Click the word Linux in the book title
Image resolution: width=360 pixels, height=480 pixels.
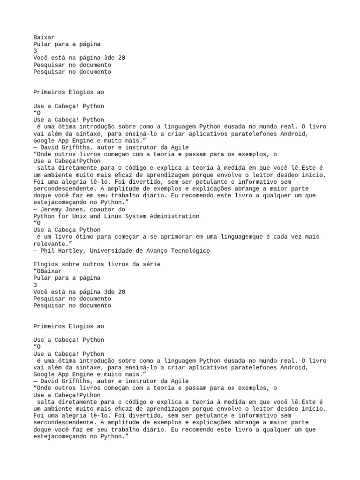(108, 216)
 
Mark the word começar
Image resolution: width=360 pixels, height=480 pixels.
(121, 237)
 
